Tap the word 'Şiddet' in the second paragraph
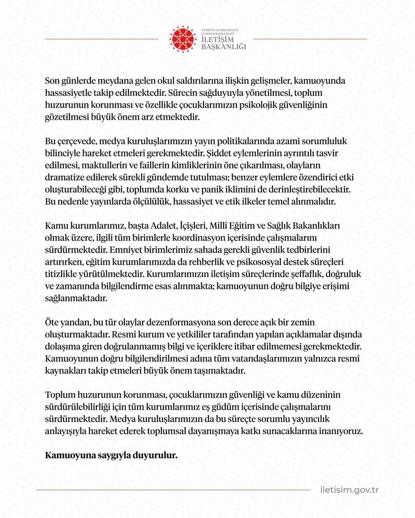(x=220, y=154)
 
